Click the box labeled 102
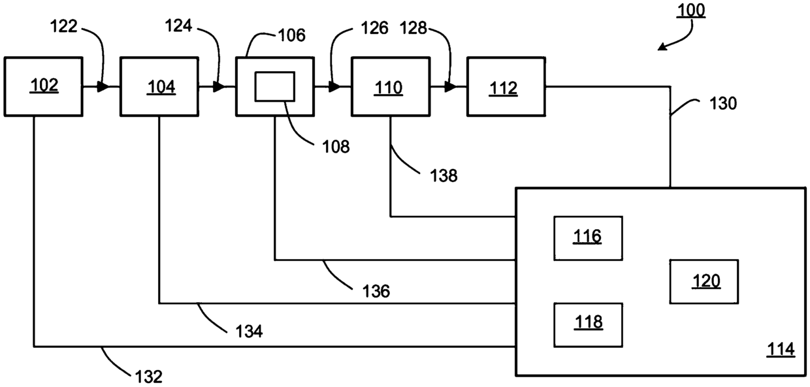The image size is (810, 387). pyautogui.click(x=43, y=87)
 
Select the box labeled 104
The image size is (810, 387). pyautogui.click(x=159, y=87)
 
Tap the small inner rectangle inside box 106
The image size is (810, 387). pyautogui.click(x=275, y=87)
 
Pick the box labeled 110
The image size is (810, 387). pyautogui.click(x=391, y=87)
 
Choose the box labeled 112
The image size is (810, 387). pyautogui.click(x=506, y=87)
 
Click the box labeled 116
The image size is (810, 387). pyautogui.click(x=589, y=238)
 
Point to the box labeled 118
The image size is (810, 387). pyautogui.click(x=589, y=325)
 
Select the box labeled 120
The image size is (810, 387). pyautogui.click(x=704, y=281)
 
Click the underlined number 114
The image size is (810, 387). pyautogui.click(x=781, y=349)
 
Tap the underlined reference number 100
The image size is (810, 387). pyautogui.click(x=691, y=10)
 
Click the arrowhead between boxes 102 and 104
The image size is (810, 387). pyautogui.click(x=103, y=87)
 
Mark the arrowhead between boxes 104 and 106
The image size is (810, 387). pyautogui.click(x=219, y=87)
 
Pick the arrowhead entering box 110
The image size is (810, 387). pyautogui.click(x=335, y=87)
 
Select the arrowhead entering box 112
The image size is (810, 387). pyautogui.click(x=451, y=87)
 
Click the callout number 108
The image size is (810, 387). pyautogui.click(x=336, y=147)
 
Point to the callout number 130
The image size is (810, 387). pyautogui.click(x=723, y=104)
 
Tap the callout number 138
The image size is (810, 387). pyautogui.click(x=444, y=176)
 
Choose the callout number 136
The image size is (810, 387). pyautogui.click(x=376, y=291)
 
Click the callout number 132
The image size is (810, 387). pyautogui.click(x=149, y=377)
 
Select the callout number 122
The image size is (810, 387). pyautogui.click(x=63, y=26)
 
